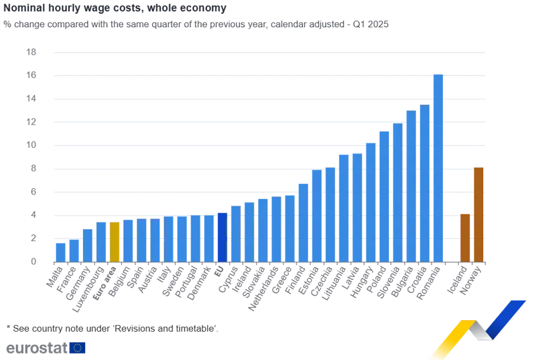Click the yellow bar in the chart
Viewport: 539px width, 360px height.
pos(115,241)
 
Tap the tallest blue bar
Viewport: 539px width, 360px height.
pos(438,168)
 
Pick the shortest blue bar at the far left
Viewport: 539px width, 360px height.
pos(60,251)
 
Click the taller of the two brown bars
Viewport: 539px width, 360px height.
pos(479,214)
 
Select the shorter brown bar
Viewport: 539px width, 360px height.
pos(465,237)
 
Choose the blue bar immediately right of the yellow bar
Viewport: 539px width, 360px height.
pos(128,241)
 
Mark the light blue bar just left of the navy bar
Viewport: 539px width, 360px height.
pos(209,238)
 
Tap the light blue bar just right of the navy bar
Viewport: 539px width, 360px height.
pos(235,234)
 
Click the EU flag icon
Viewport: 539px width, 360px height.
pos(77,347)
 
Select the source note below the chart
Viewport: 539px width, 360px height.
pos(110,328)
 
